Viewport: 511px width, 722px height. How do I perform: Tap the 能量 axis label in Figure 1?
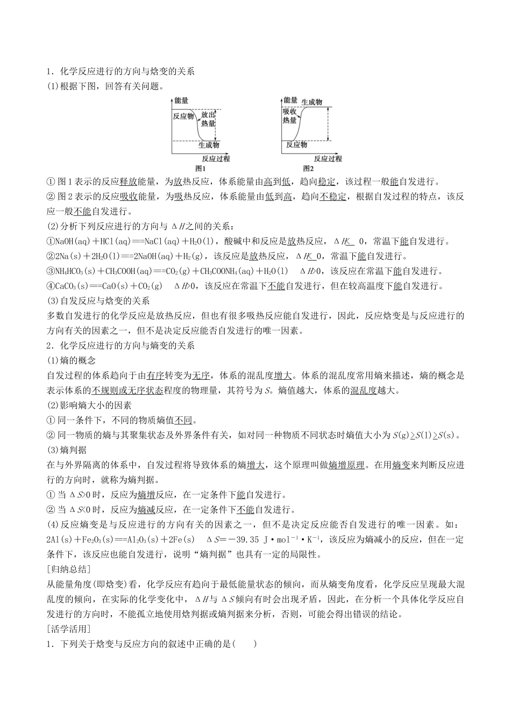[182, 100]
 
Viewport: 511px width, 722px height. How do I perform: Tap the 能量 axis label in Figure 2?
[290, 100]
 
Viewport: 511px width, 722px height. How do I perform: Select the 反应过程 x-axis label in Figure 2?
[328, 158]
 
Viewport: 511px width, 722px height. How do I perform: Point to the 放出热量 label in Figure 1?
[208, 119]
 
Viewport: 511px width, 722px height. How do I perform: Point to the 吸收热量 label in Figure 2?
[290, 116]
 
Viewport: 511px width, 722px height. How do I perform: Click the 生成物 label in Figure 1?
[209, 145]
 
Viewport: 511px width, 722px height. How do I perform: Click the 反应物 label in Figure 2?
[297, 145]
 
